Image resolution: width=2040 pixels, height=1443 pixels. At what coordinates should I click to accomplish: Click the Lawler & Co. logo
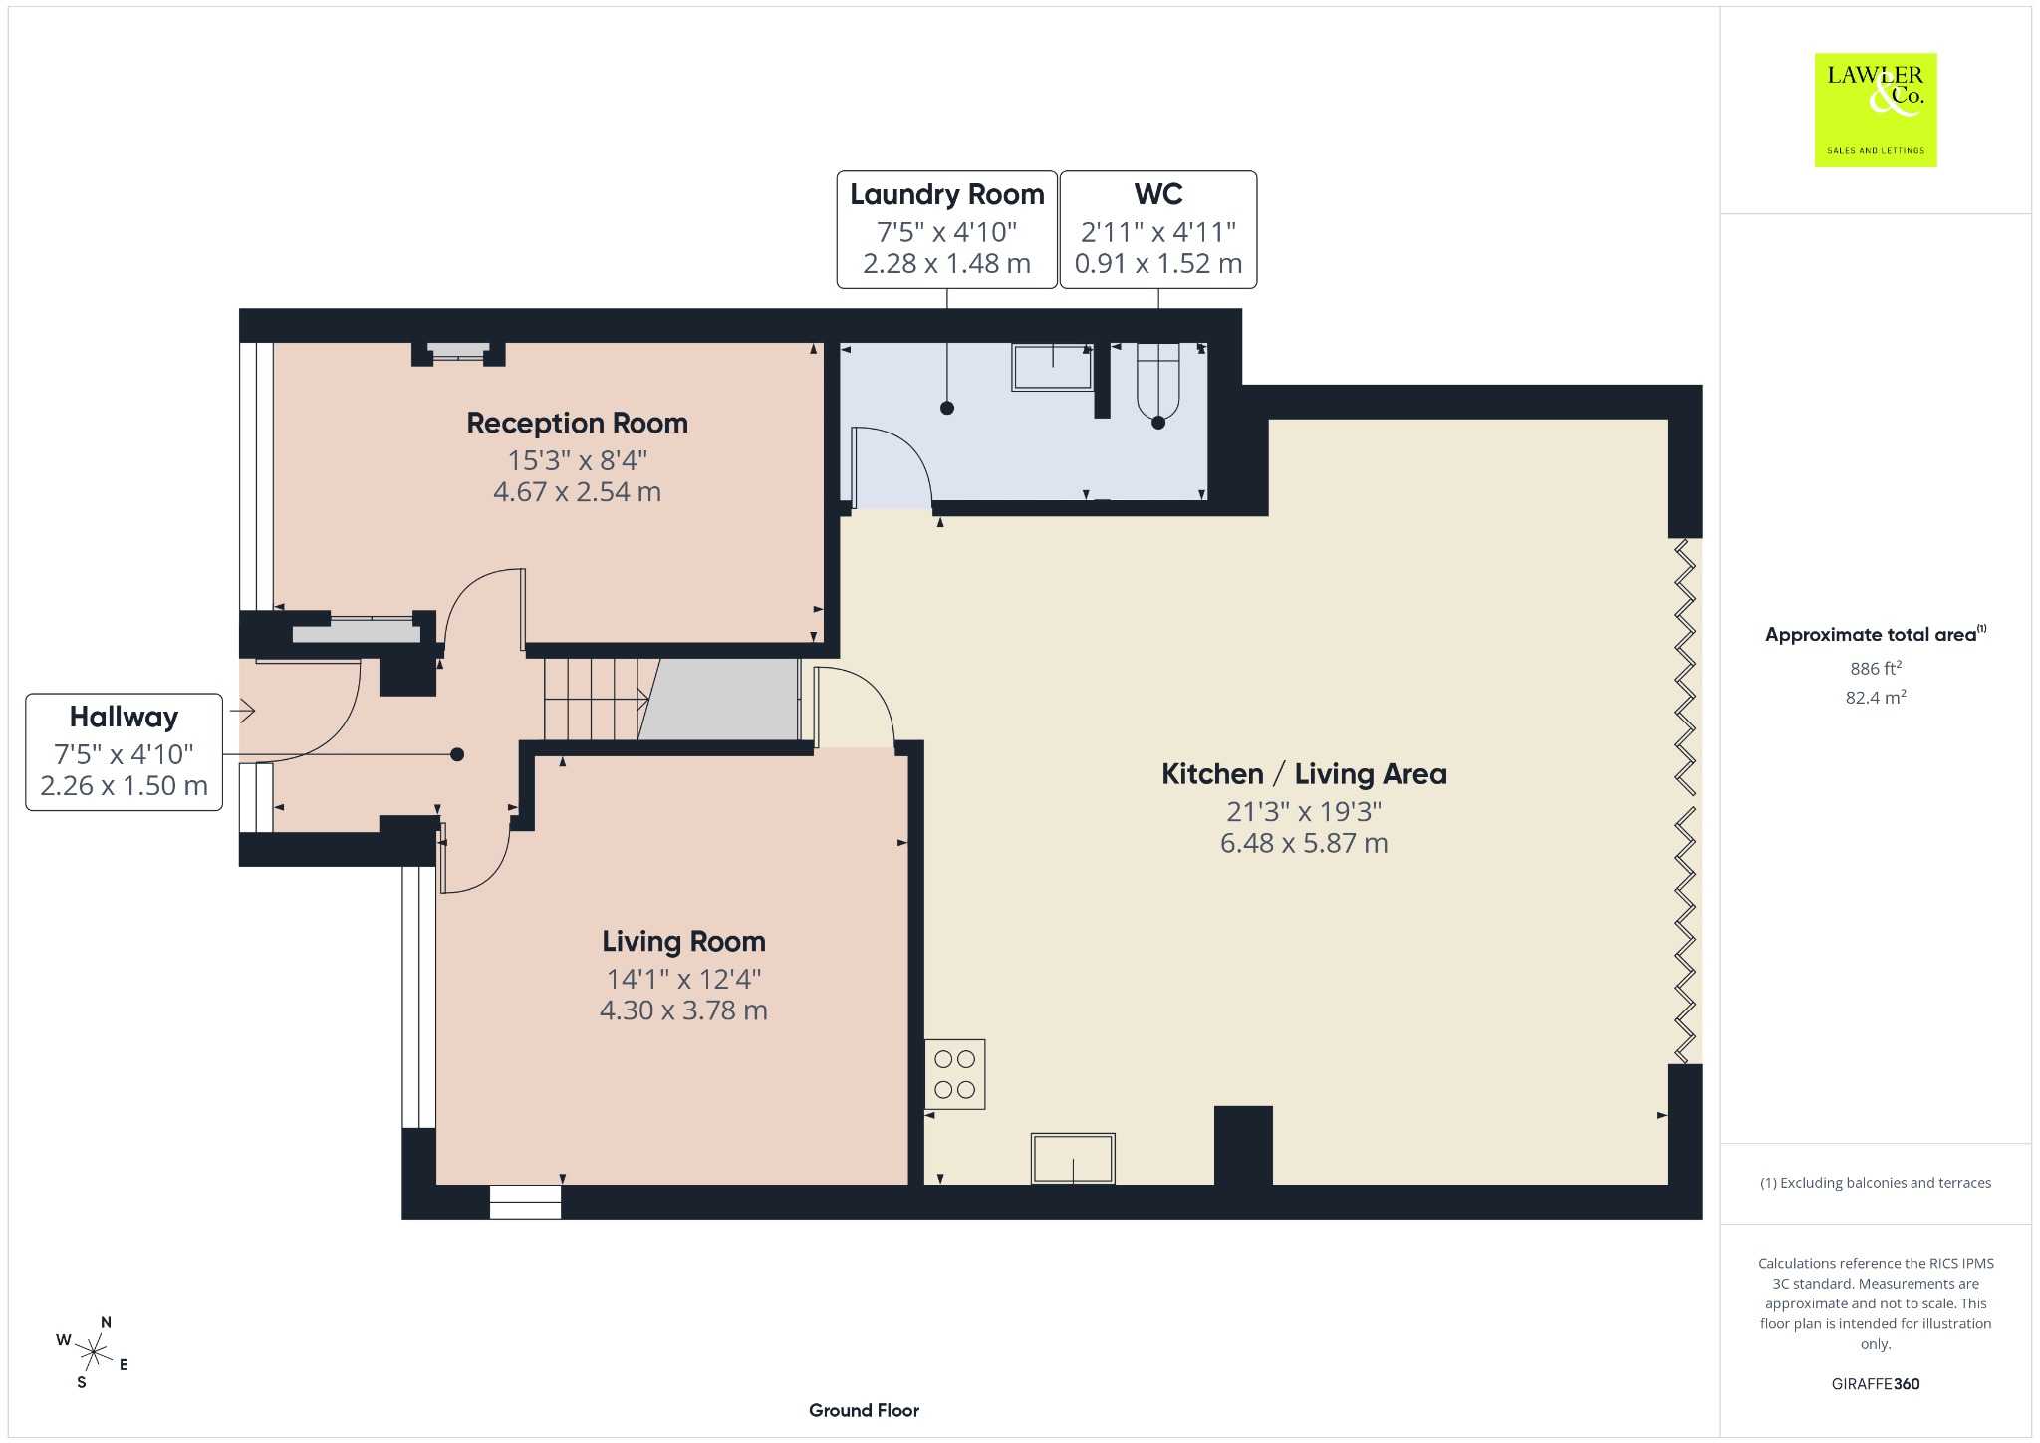point(1875,110)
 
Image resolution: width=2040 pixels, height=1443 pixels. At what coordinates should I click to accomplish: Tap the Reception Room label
point(577,423)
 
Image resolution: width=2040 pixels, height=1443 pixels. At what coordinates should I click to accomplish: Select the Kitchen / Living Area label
point(1304,774)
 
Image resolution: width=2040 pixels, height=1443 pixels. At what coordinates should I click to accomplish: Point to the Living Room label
point(683,942)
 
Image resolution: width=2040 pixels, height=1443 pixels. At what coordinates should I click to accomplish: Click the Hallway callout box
point(124,751)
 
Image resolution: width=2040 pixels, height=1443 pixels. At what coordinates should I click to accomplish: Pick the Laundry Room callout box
point(946,229)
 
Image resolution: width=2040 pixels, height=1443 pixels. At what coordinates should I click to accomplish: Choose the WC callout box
point(1157,229)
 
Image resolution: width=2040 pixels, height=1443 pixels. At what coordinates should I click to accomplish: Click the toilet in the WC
point(1157,380)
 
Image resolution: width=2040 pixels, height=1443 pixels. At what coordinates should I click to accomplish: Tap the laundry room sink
point(1052,367)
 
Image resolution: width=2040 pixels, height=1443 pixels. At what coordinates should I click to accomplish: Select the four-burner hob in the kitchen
point(954,1074)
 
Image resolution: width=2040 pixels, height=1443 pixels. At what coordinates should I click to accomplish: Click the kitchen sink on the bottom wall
point(1073,1158)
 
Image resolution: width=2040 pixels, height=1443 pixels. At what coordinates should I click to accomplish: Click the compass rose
point(94,1352)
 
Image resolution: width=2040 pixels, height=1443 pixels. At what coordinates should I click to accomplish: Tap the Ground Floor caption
point(864,1410)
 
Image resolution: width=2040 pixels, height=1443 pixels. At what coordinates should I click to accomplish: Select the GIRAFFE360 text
point(1875,1383)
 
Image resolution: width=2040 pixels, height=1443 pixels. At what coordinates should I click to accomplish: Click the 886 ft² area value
point(1875,668)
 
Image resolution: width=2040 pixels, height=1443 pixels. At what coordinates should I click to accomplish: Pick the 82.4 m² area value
point(1875,697)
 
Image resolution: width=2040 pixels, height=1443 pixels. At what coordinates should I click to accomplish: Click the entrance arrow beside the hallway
point(242,711)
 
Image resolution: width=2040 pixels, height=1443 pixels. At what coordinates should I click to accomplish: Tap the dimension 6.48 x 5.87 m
point(1304,843)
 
